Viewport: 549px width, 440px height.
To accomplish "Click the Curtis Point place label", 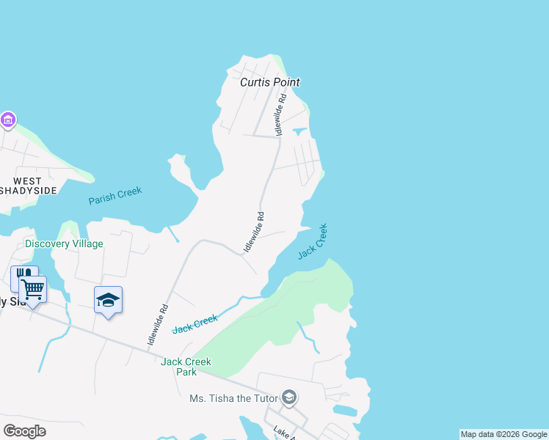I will pos(270,82).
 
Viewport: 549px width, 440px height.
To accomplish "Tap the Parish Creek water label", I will pos(115,196).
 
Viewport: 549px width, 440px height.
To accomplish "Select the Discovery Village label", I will pos(64,243).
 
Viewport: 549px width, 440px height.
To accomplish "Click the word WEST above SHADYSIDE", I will pos(27,181).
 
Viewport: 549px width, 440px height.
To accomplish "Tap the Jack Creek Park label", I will pos(186,367).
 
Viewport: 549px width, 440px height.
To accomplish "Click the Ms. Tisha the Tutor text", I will pos(233,398).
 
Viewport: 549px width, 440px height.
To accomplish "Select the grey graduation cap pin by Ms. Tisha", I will pos(289,397).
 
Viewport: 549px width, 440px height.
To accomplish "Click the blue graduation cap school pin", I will pos(108,301).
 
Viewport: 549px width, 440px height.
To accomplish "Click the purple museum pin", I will pos(8,119).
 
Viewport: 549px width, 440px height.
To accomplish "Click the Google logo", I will pos(24,430).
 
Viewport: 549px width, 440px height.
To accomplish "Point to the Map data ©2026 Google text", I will pos(504,434).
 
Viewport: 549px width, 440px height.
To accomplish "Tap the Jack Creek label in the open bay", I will pos(313,242).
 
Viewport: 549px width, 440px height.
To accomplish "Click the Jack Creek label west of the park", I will pos(195,323).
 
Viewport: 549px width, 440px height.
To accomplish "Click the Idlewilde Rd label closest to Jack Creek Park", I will pos(158,325).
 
